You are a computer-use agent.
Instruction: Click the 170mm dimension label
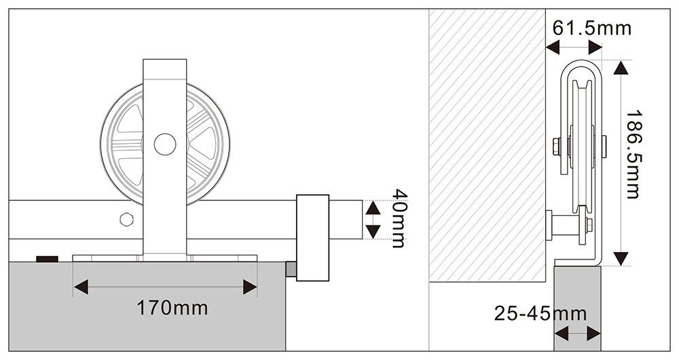[172, 308]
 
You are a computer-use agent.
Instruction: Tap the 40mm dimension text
[399, 218]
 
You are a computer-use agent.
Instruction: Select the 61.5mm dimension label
[591, 28]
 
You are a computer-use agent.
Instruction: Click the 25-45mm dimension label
[540, 313]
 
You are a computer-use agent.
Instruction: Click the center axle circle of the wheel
[165, 144]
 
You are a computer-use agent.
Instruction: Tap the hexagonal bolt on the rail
[126, 219]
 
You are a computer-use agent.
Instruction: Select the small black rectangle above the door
[48, 259]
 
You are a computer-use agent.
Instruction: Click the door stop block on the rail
[312, 238]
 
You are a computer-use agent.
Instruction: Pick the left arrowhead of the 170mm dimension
[81, 287]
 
